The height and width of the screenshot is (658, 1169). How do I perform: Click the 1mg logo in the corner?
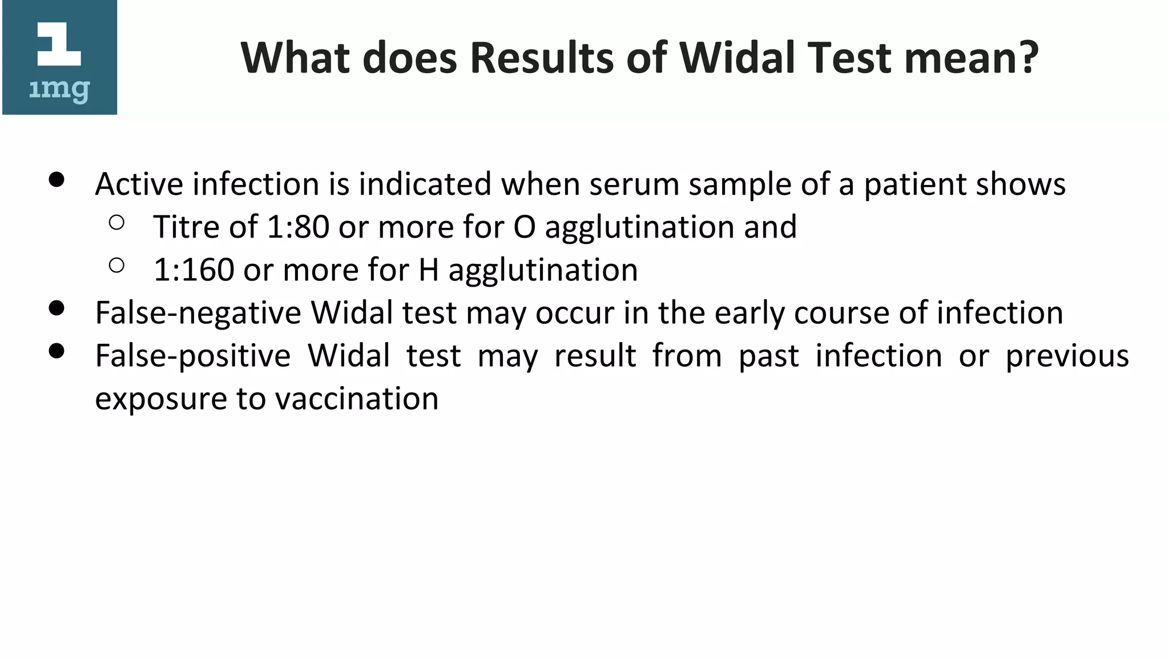[59, 58]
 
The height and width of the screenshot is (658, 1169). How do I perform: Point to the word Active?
[139, 184]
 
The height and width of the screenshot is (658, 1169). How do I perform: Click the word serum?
[634, 184]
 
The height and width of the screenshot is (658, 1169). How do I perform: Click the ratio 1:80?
[298, 227]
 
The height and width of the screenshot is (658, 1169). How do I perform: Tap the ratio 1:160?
[194, 270]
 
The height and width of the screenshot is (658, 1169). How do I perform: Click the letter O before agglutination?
[525, 227]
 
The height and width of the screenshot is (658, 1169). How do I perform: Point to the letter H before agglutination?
[429, 270]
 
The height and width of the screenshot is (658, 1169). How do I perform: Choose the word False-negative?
[197, 313]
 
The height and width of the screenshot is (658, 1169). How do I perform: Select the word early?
[749, 313]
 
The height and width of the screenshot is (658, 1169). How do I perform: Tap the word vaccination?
[357, 399]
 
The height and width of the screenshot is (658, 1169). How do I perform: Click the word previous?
[1067, 356]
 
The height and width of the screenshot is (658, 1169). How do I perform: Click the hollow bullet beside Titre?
[116, 223]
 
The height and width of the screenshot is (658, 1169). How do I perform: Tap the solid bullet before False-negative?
[57, 308]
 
